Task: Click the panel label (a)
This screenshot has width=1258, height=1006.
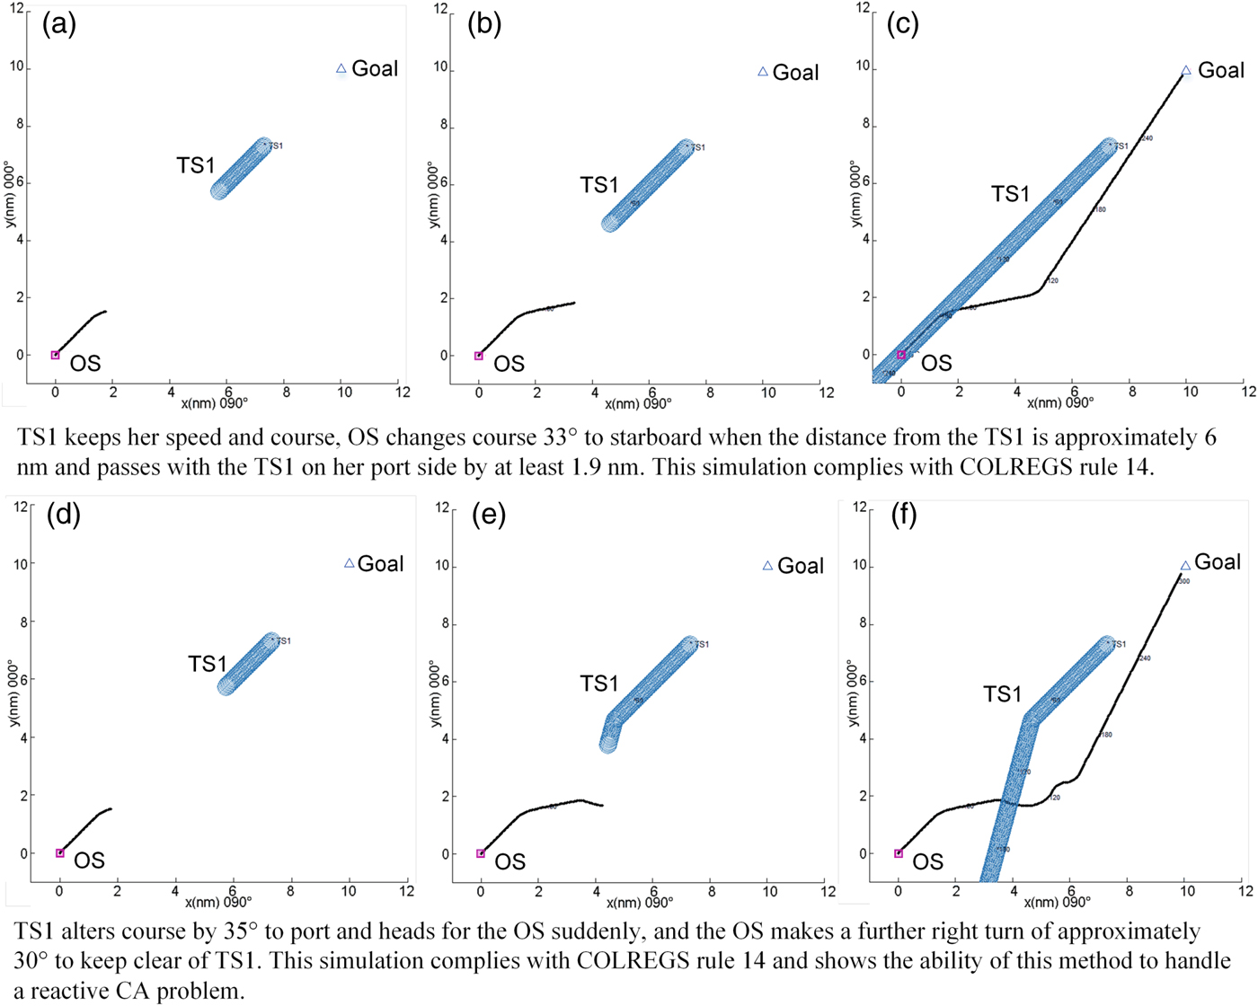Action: pos(59,24)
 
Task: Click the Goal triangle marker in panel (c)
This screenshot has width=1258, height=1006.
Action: pos(1186,71)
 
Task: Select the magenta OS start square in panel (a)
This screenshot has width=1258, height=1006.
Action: pos(55,355)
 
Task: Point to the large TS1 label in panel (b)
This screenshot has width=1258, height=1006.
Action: pos(599,185)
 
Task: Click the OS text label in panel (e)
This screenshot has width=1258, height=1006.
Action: pos(509,861)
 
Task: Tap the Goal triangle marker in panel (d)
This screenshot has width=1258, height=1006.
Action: pos(350,563)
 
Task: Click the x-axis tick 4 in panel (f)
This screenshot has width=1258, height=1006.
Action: pos(1014,891)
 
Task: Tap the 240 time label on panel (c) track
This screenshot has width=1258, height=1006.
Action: pos(1147,138)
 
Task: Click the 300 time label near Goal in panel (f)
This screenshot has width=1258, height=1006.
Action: pos(1183,581)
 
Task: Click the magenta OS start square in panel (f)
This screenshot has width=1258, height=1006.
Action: pos(899,853)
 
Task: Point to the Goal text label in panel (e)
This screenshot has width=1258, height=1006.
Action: pos(801,566)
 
